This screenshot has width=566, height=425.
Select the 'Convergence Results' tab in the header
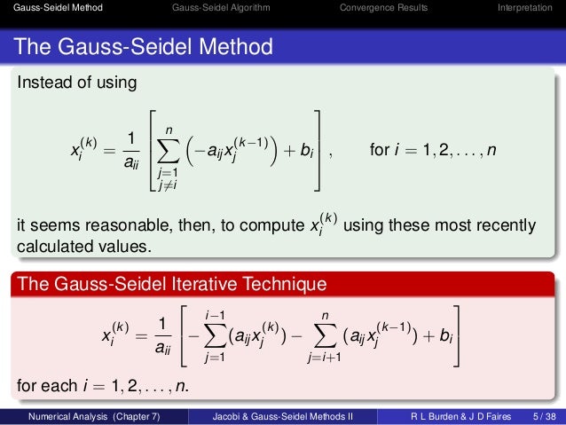pyautogui.click(x=383, y=9)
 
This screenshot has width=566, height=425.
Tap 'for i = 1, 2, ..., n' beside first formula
pyautogui.click(x=433, y=151)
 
